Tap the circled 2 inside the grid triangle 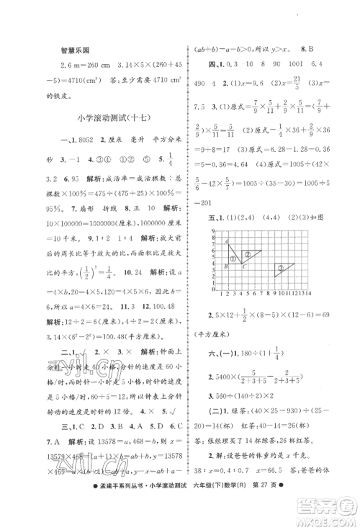247,254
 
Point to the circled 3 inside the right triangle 279,268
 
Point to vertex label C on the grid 243,265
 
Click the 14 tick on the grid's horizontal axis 309,293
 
